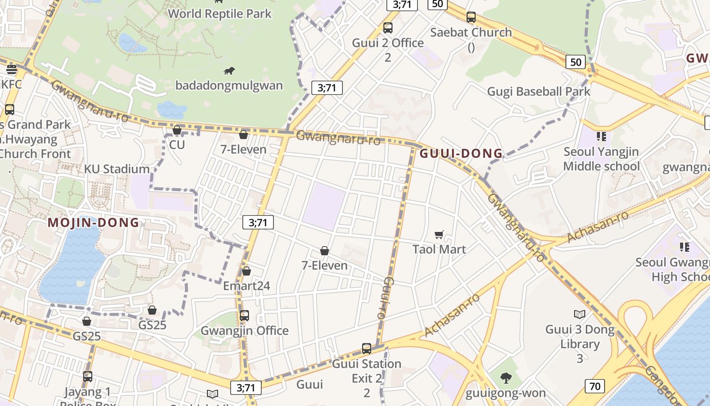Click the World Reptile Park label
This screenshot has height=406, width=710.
click(x=220, y=13)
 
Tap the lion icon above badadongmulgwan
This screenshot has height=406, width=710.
click(x=229, y=71)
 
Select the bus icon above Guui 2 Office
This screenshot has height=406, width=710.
click(x=388, y=28)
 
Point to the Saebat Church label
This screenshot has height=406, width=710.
click(x=471, y=32)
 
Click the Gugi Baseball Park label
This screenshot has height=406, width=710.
click(x=539, y=91)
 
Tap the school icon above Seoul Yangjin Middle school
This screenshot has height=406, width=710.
click(x=601, y=136)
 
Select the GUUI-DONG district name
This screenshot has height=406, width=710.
click(x=461, y=153)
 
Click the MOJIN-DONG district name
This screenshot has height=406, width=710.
click(x=93, y=222)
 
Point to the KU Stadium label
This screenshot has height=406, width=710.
click(x=117, y=169)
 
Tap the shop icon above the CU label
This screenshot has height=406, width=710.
click(x=177, y=130)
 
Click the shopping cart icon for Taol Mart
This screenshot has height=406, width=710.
click(x=439, y=234)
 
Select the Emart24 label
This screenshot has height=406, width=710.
click(x=246, y=286)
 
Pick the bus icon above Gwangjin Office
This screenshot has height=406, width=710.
click(x=244, y=315)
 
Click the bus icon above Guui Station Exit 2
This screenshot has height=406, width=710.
click(x=367, y=349)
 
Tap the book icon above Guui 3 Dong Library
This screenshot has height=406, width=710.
click(x=580, y=314)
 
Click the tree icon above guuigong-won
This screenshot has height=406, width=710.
click(x=505, y=378)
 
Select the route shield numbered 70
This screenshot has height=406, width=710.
click(x=595, y=386)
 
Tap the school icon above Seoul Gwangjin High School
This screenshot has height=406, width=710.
click(x=685, y=247)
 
